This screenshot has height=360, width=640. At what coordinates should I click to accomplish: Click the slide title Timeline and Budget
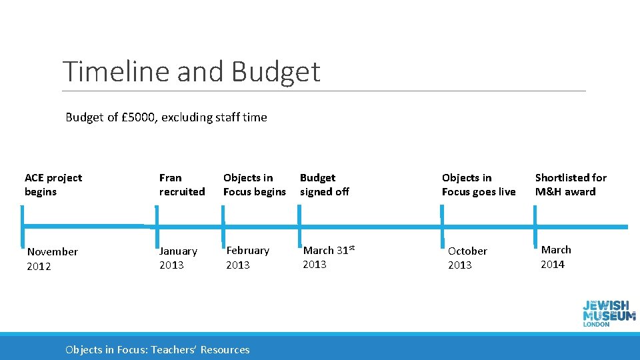pyautogui.click(x=191, y=71)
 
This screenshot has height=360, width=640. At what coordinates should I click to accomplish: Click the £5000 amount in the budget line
pyautogui.click(x=139, y=117)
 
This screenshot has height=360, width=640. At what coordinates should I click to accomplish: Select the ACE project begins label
pyautogui.click(x=53, y=185)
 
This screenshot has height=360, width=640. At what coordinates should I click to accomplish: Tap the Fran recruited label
pyautogui.click(x=181, y=185)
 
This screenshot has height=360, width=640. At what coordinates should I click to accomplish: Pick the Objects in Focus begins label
pyautogui.click(x=254, y=185)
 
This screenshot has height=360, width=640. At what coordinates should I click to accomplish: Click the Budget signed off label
pyautogui.click(x=324, y=185)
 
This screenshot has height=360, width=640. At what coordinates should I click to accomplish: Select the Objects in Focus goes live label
pyautogui.click(x=478, y=185)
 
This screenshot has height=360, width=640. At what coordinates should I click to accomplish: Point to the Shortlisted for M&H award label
pyautogui.click(x=570, y=185)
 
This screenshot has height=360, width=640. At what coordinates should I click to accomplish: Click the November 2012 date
pyautogui.click(x=52, y=259)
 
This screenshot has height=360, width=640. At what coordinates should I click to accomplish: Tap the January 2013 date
pyautogui.click(x=178, y=258)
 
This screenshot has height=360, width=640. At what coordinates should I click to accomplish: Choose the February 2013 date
pyautogui.click(x=247, y=257)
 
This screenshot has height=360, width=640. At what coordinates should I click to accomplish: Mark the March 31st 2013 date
pyautogui.click(x=328, y=257)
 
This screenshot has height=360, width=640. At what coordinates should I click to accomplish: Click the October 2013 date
pyautogui.click(x=467, y=258)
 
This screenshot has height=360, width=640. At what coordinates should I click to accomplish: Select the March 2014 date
pyautogui.click(x=555, y=257)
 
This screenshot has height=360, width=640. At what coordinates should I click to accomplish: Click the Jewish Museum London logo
pyautogui.click(x=609, y=312)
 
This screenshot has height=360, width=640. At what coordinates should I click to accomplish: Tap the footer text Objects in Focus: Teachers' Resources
pyautogui.click(x=157, y=349)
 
